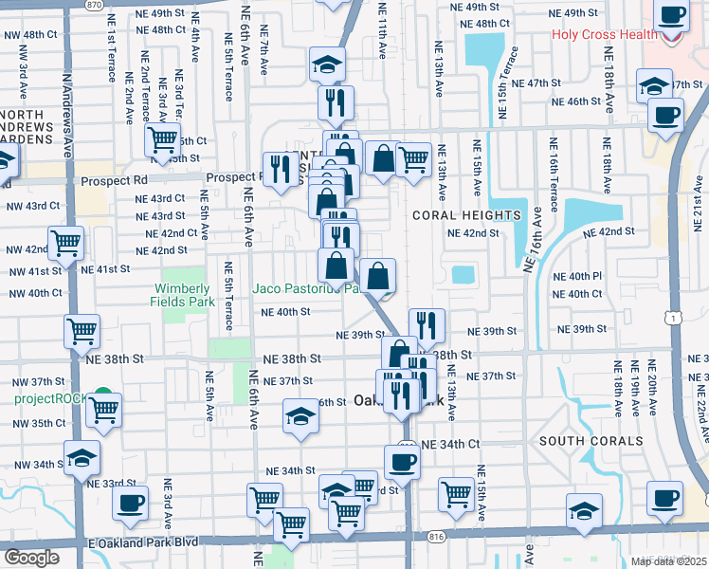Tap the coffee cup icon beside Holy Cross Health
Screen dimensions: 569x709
tap(672, 16)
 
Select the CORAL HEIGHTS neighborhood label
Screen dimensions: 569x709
tap(467, 215)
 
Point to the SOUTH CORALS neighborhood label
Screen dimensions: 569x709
tap(591, 442)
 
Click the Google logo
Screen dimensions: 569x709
tap(31, 558)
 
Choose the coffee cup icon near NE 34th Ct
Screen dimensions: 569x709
tap(402, 461)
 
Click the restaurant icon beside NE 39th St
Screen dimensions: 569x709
tap(427, 324)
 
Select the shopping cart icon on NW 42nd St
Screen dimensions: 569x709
tap(65, 243)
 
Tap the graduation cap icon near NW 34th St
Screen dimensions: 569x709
tap(82, 457)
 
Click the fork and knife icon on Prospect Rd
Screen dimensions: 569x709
tap(279, 169)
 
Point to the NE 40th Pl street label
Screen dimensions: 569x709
tap(585, 276)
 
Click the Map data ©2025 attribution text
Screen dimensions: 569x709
tap(668, 561)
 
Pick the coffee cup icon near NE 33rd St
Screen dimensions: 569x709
tap(130, 503)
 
